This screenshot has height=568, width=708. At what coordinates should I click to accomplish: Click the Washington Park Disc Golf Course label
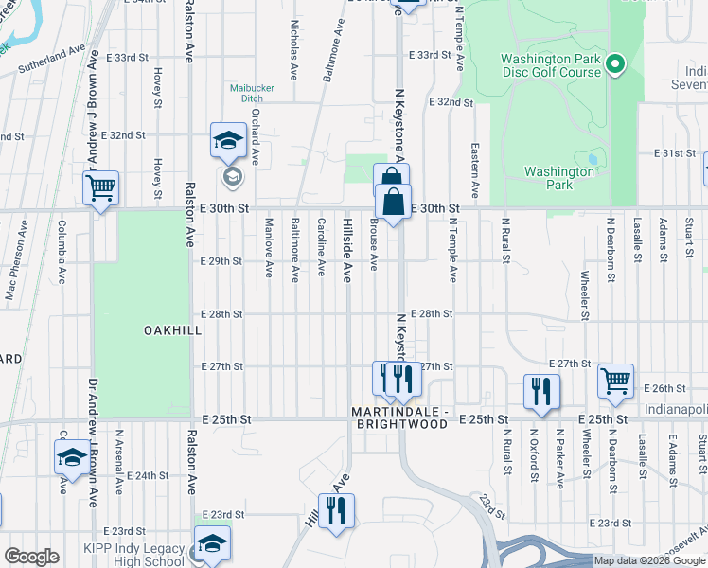551,64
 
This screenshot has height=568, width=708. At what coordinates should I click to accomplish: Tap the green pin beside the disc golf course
615,64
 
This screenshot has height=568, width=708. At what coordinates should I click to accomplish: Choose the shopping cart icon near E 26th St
616,382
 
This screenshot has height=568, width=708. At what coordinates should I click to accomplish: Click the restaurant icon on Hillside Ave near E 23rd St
336,511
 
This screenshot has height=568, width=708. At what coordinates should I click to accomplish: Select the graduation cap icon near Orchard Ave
228,142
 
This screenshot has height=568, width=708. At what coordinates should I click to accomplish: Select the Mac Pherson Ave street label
13,275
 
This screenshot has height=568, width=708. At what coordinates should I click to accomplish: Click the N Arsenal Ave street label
119,461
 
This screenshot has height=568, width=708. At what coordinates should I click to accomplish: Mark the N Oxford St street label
534,458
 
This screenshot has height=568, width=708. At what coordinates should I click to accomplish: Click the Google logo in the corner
31,557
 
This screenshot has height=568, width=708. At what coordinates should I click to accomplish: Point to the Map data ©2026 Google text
649,560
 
